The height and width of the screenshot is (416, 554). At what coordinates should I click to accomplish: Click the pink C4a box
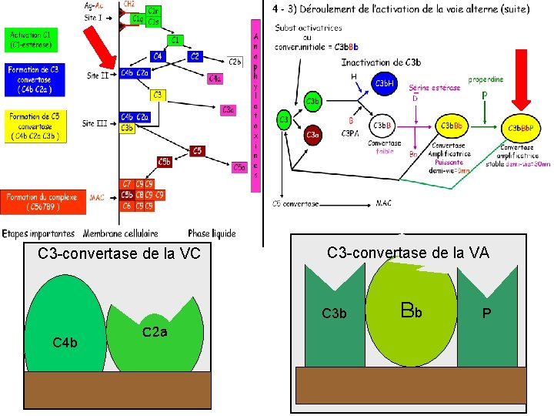click(x=216, y=78)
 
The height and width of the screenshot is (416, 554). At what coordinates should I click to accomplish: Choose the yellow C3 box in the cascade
click(x=158, y=95)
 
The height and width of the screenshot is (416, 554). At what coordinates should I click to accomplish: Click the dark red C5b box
click(x=165, y=162)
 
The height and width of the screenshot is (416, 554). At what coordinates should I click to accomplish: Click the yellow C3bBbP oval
click(x=521, y=126)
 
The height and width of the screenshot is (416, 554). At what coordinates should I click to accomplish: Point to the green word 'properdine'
click(x=486, y=79)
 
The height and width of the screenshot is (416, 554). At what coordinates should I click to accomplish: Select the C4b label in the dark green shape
click(x=64, y=342)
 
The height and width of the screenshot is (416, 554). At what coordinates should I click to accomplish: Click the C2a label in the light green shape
click(x=155, y=332)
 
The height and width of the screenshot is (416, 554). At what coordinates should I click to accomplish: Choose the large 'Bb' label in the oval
click(x=412, y=312)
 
